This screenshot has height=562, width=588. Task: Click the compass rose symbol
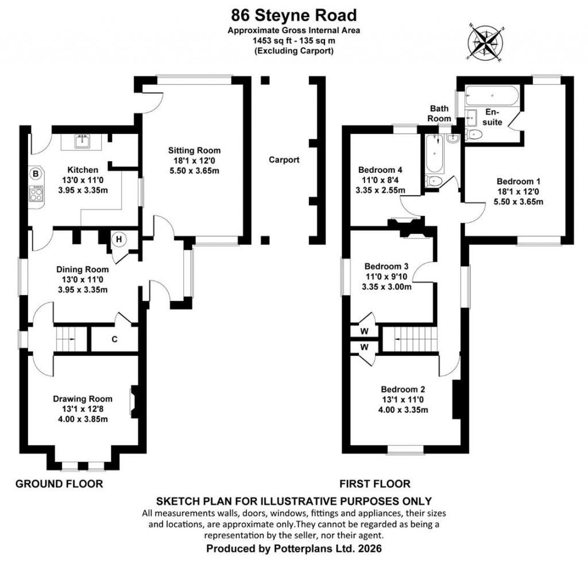tap(487, 42)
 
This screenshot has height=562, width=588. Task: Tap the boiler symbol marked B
tap(36, 173)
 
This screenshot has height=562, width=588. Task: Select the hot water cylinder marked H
tap(119, 239)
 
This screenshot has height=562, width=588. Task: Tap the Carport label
tap(284, 160)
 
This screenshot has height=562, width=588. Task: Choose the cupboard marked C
tap(114, 339)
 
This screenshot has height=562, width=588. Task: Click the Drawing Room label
tap(83, 399)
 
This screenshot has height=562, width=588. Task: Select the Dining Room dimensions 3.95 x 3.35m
tap(83, 289)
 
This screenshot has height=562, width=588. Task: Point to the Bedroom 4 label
tap(380, 170)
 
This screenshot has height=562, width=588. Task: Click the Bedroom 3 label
tap(386, 266)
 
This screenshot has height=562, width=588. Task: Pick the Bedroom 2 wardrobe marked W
tap(363, 347)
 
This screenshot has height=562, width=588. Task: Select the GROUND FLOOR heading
tap(59, 484)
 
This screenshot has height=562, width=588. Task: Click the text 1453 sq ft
tap(271, 41)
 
